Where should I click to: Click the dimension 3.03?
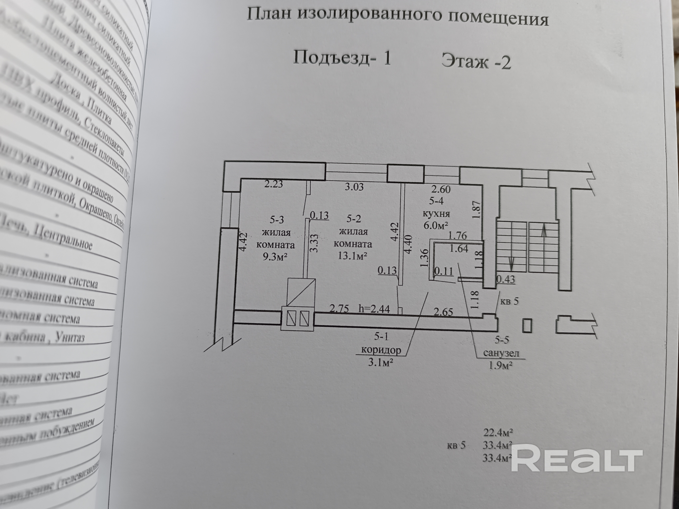tap(354, 186)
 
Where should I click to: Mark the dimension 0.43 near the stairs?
tap(506, 279)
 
